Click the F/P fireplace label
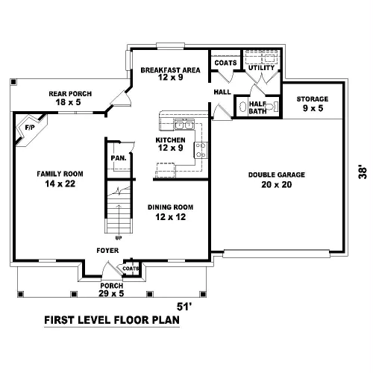pos(30,128)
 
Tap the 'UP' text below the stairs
pos(119,238)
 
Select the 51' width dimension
pos(184,307)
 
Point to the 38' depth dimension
pos(363,172)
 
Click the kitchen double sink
pos(184,125)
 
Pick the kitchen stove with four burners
pos(201,150)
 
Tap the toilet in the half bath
pos(272,107)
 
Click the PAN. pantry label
pos(119,158)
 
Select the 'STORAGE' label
pos(313,99)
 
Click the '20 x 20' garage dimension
pos(277,184)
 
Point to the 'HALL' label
pos(222,92)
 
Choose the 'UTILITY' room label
pos(262,68)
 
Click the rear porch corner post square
pos(13,82)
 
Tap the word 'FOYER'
pos(107,251)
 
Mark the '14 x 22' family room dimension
pos(60,184)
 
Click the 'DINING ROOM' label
pos(170,207)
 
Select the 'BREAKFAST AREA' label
pos(170,70)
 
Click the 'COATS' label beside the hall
pos(225,63)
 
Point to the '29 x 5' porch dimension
pos(111,293)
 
